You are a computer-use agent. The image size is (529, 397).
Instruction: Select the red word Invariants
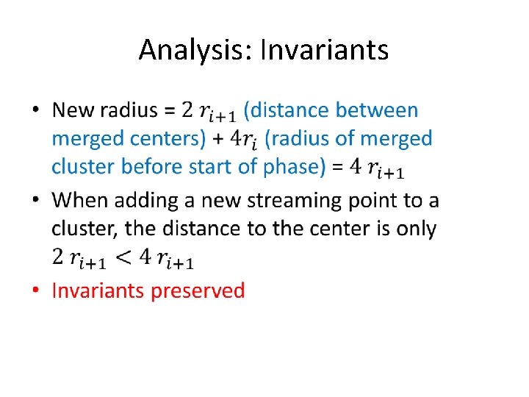[98, 290]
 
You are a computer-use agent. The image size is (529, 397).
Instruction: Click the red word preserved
[198, 290]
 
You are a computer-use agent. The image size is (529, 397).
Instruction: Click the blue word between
[377, 110]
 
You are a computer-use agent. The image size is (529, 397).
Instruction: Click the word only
[417, 229]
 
